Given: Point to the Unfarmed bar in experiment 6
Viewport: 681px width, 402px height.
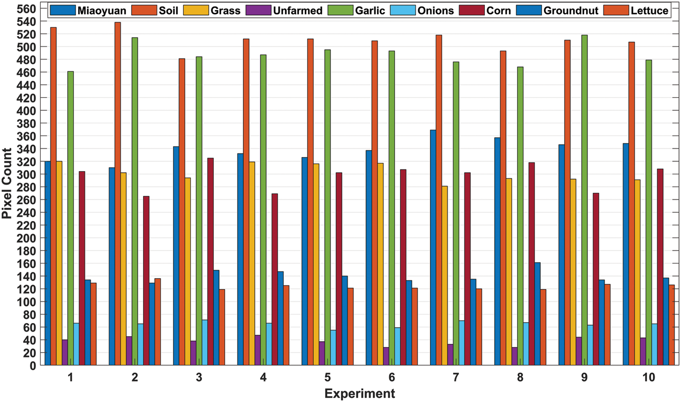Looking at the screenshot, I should pos(386,357).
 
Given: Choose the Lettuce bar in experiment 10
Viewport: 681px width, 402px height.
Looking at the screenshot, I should pos(671,325).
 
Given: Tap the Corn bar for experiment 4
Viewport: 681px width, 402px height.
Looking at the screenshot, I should pos(275,279).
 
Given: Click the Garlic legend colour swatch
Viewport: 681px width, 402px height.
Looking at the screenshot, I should pos(340,10).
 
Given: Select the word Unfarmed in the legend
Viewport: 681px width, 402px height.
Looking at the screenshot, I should pos(297,10).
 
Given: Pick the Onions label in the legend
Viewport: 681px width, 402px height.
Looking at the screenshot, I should pos(435,10).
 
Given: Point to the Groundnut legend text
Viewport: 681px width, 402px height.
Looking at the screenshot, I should pos(571,10).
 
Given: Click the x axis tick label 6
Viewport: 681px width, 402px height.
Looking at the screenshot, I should pos(391,377).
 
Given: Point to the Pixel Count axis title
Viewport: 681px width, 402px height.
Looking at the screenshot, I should pos(7,183).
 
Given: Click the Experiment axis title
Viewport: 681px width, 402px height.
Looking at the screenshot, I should pos(360,393).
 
